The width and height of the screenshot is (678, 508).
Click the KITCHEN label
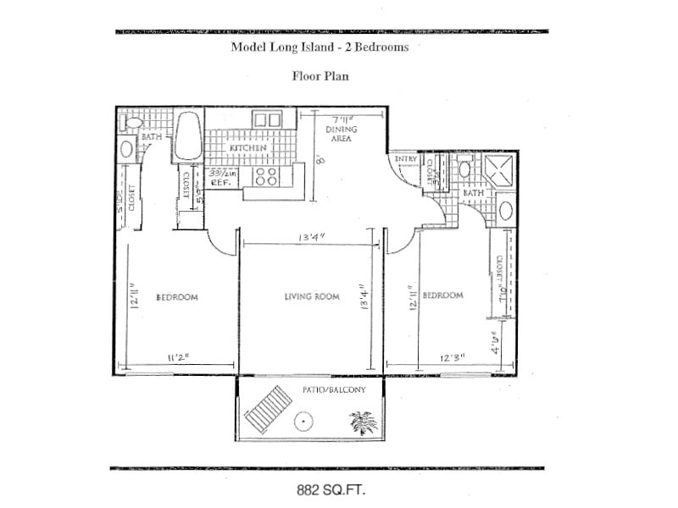pos(247,148)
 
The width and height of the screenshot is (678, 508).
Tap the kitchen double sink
pos(268,119)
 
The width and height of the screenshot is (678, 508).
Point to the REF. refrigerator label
pos(221,181)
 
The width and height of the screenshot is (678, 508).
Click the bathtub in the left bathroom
pos(187,136)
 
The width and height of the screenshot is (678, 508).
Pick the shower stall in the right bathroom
pos(500,168)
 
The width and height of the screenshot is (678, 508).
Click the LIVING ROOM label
pos(311,297)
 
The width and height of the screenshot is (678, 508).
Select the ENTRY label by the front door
pos(406,159)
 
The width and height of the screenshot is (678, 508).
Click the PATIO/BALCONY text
pos(333,389)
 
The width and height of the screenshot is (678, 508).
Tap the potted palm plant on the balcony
pos(364,421)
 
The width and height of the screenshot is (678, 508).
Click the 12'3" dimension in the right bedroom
pos(451,356)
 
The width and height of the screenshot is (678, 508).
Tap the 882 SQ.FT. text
pos(331,489)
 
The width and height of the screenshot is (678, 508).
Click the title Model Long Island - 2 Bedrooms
pos(320,47)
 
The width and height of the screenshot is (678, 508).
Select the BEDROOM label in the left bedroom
pos(177,297)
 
